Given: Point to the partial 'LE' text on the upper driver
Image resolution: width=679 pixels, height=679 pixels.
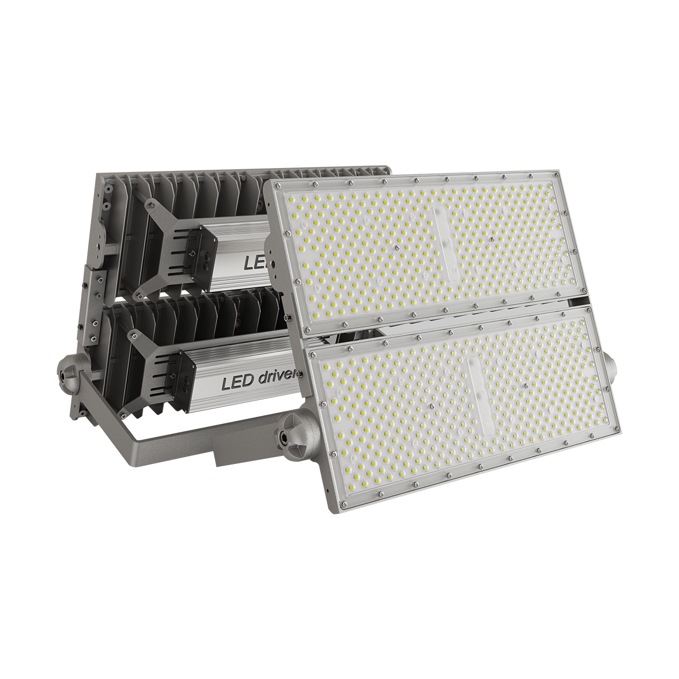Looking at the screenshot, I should (253, 262).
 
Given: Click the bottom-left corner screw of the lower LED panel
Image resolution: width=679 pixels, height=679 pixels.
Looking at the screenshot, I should (342, 504).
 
